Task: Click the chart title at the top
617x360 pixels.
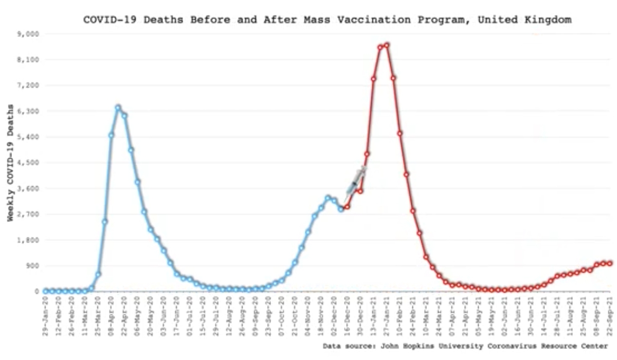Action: point(328,20)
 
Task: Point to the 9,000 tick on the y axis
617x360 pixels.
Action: point(30,34)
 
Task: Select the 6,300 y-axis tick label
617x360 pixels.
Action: point(30,111)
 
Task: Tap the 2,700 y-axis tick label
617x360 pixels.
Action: point(30,214)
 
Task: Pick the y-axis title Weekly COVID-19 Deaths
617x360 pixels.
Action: point(10,163)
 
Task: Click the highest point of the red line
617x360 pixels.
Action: point(387,45)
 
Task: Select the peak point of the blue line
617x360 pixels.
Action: point(118,107)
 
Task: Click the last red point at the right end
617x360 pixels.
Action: point(610,263)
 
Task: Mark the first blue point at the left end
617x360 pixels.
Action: point(46,291)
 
